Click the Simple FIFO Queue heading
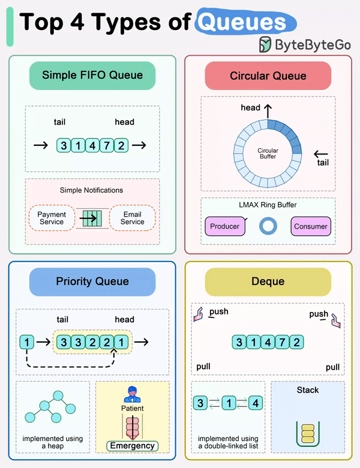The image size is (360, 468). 92,76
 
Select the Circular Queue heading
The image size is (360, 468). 268,76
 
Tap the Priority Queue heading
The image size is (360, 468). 92,281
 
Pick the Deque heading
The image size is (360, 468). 268,281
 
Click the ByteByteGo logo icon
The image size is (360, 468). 265,44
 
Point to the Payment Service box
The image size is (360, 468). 52,218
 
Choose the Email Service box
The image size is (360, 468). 132,218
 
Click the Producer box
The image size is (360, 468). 225,226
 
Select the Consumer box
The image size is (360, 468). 311,226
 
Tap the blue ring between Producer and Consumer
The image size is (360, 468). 268,226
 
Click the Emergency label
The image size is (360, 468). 133,445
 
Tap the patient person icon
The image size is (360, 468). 131,394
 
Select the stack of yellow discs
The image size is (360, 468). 307,433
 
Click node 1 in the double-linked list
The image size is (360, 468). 228,403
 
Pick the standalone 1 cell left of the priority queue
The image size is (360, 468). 26,343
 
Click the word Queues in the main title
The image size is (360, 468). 241,23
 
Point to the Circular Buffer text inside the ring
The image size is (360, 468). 268,153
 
